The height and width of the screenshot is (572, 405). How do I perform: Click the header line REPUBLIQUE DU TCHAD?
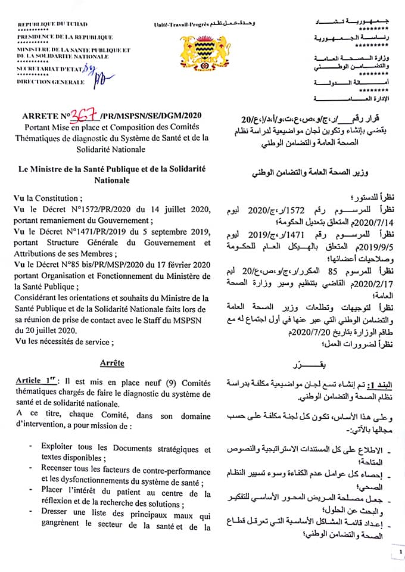(x=52, y=24)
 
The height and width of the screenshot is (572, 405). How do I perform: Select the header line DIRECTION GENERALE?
(x=51, y=82)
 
